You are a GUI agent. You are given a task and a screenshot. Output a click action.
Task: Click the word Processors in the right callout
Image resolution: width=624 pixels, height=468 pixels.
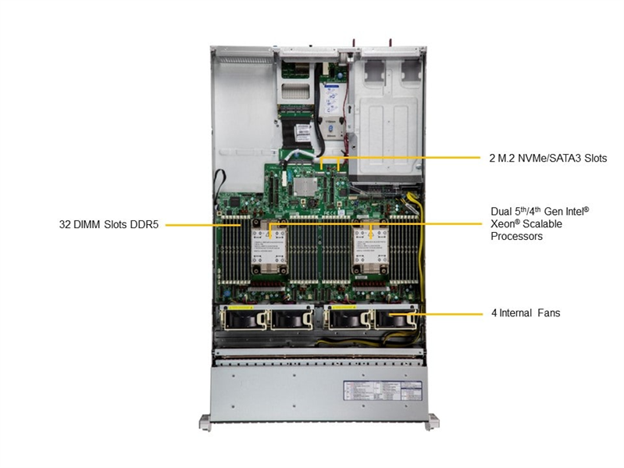[x=516, y=236]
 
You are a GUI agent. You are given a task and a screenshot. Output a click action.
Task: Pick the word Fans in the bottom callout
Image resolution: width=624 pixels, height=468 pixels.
[x=548, y=313]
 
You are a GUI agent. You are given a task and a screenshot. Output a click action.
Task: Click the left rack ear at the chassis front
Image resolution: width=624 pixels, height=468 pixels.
[x=204, y=423]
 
